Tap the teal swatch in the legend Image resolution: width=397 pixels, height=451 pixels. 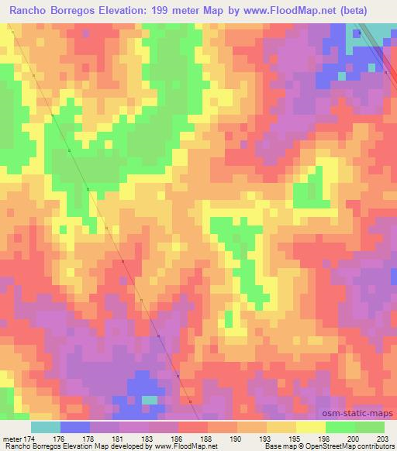(x=45, y=427)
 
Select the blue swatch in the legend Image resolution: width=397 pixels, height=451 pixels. (x=74, y=427)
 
